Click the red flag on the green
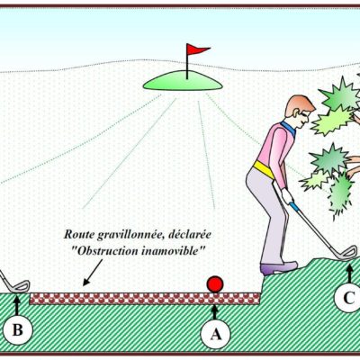pos(196,49)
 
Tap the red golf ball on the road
pos(215,284)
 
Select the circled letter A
pos(215,334)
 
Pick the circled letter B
pos(17,329)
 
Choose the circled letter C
pos(348,298)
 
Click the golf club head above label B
pos(19,286)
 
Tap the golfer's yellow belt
pos(264,169)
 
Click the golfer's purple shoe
pos(278,268)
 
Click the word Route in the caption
pos(79,235)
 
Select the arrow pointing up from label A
pos(214,312)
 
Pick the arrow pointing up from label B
pos(17,304)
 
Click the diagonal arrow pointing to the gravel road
pos(93,273)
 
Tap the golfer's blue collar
pos(289,128)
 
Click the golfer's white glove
pos(287,196)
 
